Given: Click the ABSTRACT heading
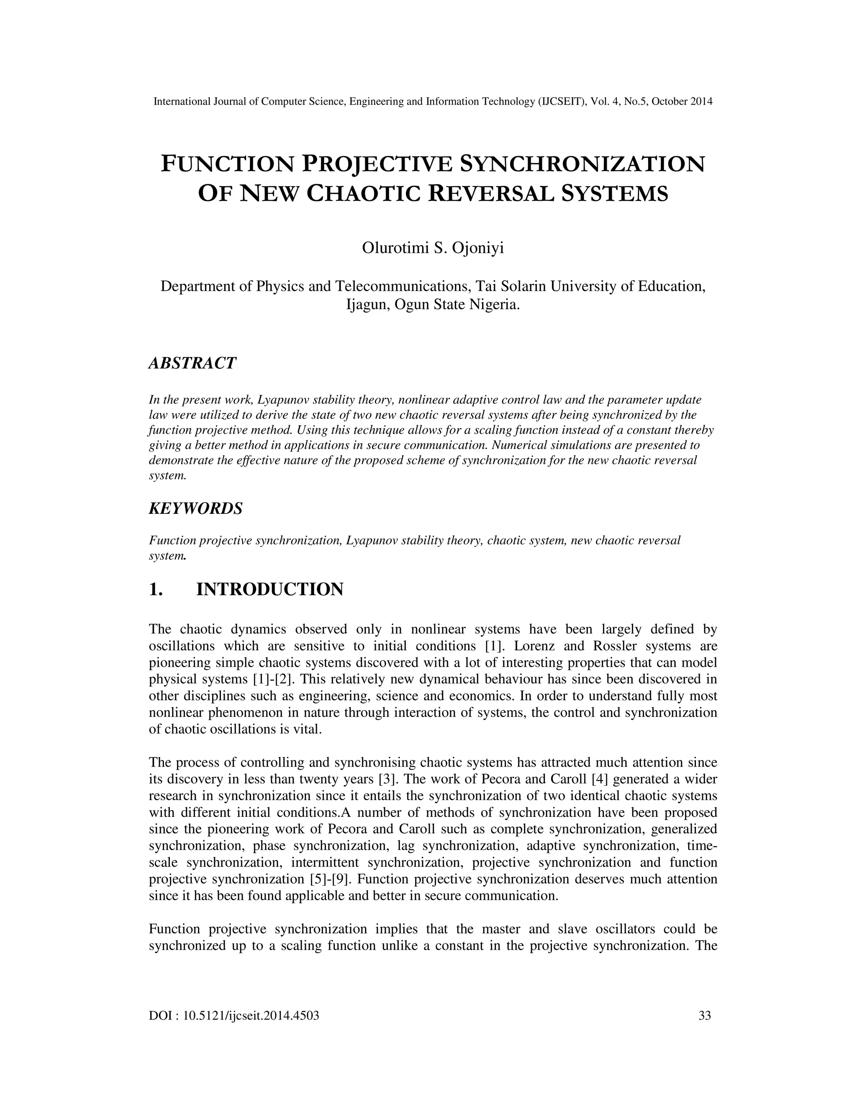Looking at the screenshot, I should tap(192, 363).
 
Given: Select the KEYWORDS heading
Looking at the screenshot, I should tap(195, 508).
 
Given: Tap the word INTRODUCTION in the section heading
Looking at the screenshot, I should tap(269, 590).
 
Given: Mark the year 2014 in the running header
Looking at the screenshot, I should tap(702, 102).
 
